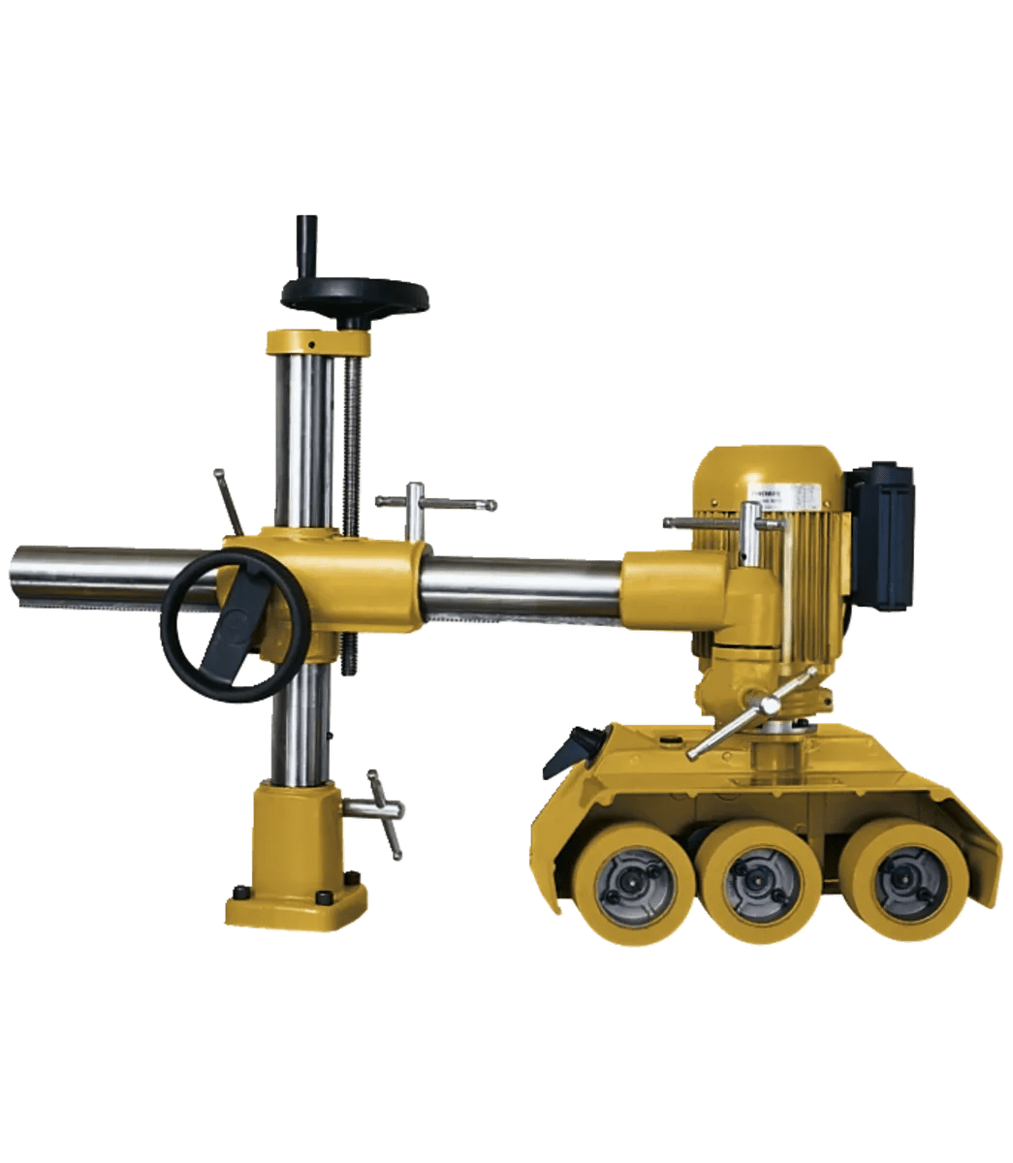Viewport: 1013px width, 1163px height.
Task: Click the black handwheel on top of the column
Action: (355, 295)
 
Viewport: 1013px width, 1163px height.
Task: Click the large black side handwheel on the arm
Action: (236, 625)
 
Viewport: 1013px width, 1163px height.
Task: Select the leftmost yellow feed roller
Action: (633, 883)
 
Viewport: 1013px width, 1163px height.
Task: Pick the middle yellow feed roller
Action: (760, 879)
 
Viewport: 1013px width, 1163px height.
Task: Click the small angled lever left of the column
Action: (230, 501)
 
